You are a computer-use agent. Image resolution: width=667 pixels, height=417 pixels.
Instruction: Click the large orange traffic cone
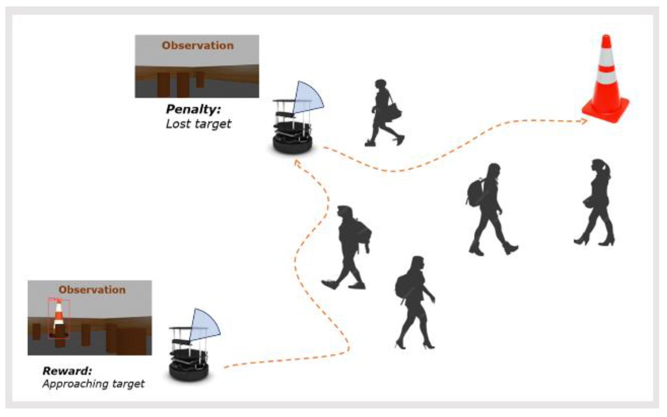click(606, 85)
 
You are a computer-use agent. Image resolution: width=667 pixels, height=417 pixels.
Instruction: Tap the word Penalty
click(193, 109)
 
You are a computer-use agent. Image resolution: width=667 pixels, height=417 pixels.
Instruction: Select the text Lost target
click(198, 124)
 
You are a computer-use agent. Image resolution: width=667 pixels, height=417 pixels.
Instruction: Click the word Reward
click(67, 371)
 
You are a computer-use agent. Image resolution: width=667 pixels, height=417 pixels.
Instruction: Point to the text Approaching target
click(93, 384)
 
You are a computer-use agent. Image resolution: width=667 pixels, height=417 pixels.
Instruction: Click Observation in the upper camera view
click(198, 46)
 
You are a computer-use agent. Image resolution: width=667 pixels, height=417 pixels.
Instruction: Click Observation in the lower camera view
click(92, 290)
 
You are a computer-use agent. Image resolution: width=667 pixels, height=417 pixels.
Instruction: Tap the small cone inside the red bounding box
click(59, 316)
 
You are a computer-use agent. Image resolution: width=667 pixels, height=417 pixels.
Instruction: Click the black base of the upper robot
click(293, 144)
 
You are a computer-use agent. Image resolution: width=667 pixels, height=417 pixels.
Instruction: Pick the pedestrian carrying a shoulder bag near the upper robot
click(384, 112)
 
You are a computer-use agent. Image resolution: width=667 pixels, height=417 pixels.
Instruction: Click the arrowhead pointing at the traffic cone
click(584, 121)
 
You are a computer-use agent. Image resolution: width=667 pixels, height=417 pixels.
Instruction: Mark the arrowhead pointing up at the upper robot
click(296, 163)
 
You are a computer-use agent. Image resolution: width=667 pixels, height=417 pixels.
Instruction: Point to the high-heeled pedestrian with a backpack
click(414, 302)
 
